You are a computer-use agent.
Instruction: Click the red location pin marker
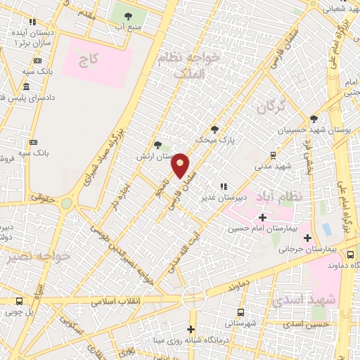tap(181, 166)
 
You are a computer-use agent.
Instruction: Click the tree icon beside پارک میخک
tap(214, 129)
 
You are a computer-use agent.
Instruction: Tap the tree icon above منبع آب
tap(128, 16)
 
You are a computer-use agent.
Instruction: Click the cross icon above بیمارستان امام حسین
tap(263, 217)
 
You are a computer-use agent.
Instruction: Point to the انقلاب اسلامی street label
tap(120, 300)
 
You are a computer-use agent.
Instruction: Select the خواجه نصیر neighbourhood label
tap(39, 257)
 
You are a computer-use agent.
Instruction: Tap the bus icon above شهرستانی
tap(241, 312)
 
